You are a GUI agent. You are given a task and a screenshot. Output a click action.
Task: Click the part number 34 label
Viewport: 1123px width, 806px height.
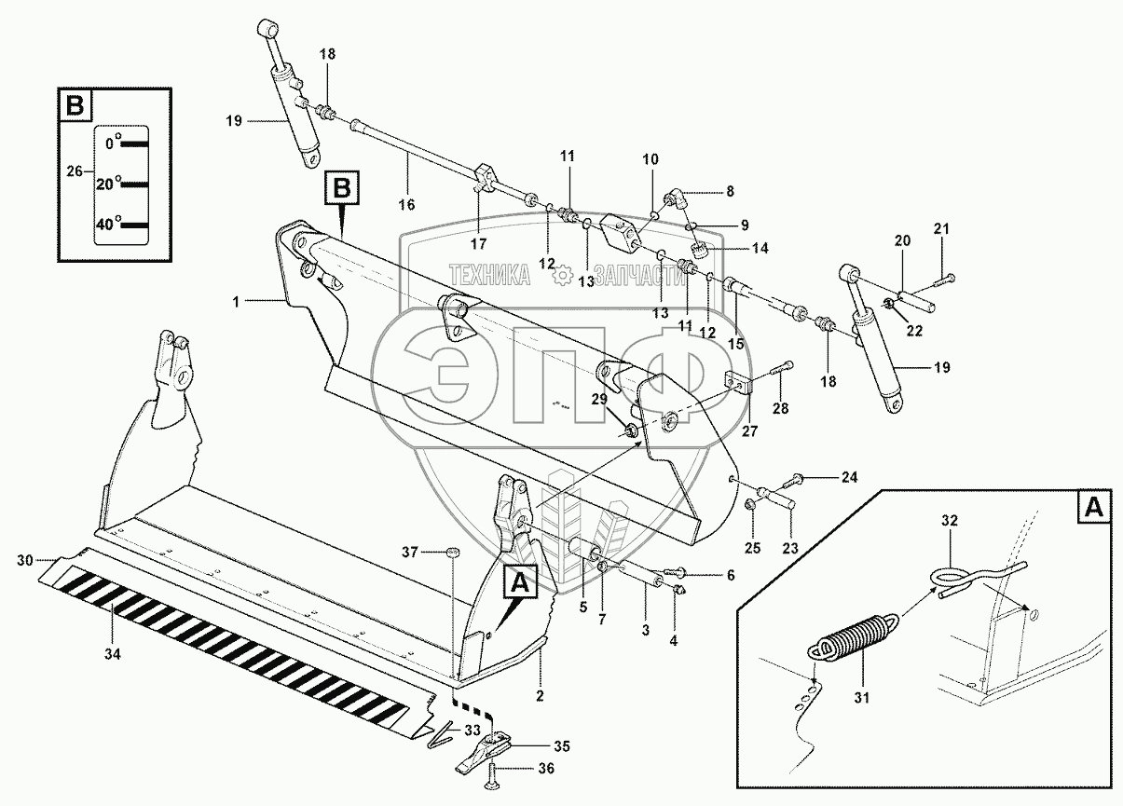112,653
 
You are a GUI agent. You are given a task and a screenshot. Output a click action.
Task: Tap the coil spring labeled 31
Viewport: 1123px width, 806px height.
854,638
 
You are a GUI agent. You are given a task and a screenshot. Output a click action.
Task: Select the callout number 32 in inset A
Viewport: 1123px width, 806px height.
949,521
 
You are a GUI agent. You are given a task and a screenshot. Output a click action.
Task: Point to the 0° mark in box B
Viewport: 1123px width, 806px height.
114,143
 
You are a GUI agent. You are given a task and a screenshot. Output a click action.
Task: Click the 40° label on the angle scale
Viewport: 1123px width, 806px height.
109,223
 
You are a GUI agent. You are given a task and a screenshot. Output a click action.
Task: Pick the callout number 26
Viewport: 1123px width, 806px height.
75,171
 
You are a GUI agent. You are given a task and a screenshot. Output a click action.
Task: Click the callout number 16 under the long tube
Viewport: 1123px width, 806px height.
406,204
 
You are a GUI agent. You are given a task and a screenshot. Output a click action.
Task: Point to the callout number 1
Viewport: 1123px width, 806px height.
236,302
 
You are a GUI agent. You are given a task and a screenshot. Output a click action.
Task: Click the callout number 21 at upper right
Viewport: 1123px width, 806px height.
941,229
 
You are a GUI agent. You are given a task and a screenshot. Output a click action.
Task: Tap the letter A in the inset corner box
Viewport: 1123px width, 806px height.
1093,507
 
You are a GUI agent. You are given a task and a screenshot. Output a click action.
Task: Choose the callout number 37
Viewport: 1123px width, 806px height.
409,553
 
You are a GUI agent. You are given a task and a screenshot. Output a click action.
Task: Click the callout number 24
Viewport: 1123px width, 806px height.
849,477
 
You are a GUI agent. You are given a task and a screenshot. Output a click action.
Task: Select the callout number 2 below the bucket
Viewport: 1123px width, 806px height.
540,696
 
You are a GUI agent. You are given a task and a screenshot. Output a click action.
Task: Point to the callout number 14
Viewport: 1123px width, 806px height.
760,248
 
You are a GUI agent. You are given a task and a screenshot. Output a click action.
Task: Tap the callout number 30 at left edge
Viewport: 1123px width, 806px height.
25,560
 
